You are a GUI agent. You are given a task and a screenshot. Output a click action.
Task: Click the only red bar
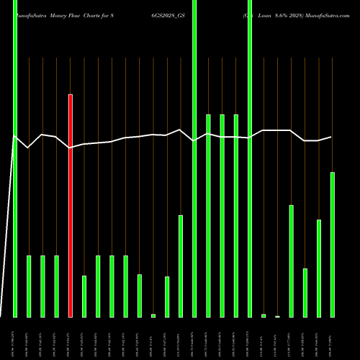click(70, 205)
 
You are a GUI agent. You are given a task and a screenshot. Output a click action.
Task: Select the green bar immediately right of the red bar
click(84, 296)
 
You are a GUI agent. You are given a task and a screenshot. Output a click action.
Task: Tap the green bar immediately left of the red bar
click(56, 286)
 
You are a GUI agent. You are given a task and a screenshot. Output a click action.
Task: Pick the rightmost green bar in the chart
click(333, 245)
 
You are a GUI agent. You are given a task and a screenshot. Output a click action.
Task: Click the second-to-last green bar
click(319, 268)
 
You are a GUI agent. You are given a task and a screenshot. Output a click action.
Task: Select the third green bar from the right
click(305, 292)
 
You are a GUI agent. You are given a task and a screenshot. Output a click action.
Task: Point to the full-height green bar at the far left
click(15, 158)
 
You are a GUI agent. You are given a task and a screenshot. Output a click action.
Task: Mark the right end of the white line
click(332, 137)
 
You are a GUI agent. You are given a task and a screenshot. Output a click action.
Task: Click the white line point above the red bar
click(70, 148)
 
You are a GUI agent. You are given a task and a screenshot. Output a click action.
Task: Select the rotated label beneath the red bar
click(70, 338)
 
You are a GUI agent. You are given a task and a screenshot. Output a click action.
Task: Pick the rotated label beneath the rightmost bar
click(333, 338)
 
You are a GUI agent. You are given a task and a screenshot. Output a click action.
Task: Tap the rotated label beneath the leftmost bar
click(15, 338)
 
